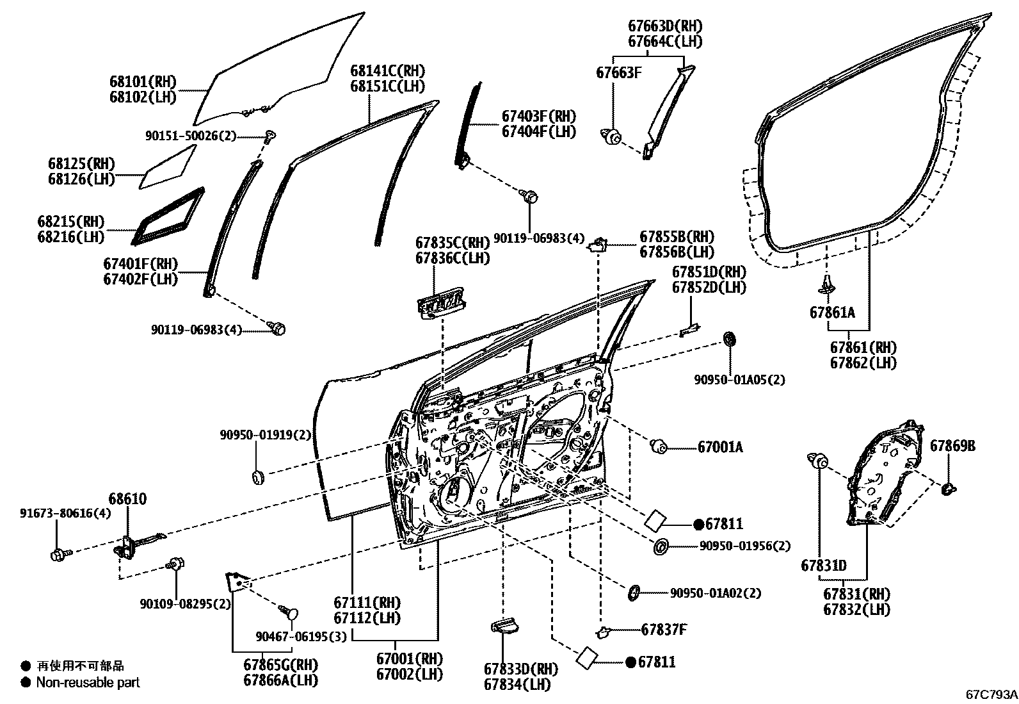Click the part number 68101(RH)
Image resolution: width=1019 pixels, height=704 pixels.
[143, 82]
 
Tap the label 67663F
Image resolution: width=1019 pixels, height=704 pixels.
[618, 72]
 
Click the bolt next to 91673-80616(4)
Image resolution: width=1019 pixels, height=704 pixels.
[58, 553]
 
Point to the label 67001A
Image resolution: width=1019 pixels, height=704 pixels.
[720, 447]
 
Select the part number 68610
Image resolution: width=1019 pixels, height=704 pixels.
[127, 499]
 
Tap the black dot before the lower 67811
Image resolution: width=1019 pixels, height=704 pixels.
[630, 662]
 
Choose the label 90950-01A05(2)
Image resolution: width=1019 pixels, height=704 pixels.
[739, 380]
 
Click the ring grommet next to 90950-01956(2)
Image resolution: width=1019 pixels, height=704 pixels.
[661, 547]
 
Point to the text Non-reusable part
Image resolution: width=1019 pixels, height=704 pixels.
[88, 683]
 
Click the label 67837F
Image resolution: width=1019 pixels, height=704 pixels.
[664, 630]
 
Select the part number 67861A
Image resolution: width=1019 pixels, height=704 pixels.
[831, 313]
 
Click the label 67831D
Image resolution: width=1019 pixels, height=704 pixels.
[824, 566]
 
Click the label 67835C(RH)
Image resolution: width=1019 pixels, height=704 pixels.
[452, 243]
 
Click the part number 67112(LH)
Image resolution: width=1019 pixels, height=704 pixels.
[366, 618]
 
